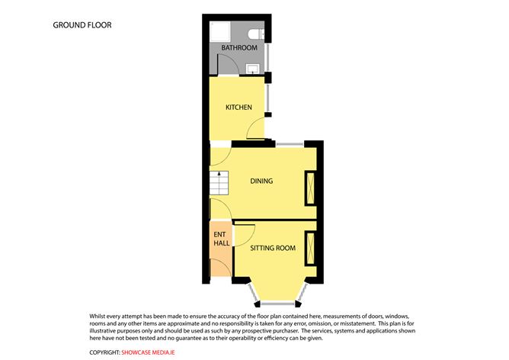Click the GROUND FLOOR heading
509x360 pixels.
click(82, 25)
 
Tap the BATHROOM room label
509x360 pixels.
click(239, 48)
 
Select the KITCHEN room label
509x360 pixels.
click(238, 108)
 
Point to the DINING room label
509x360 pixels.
click(262, 182)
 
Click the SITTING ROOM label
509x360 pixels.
click(273, 248)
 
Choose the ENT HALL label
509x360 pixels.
click(221, 239)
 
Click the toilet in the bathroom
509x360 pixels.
click(257, 34)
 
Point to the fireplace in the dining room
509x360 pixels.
click(310, 188)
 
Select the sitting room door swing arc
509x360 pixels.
click(245, 232)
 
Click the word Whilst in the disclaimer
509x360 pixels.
click(100, 316)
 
